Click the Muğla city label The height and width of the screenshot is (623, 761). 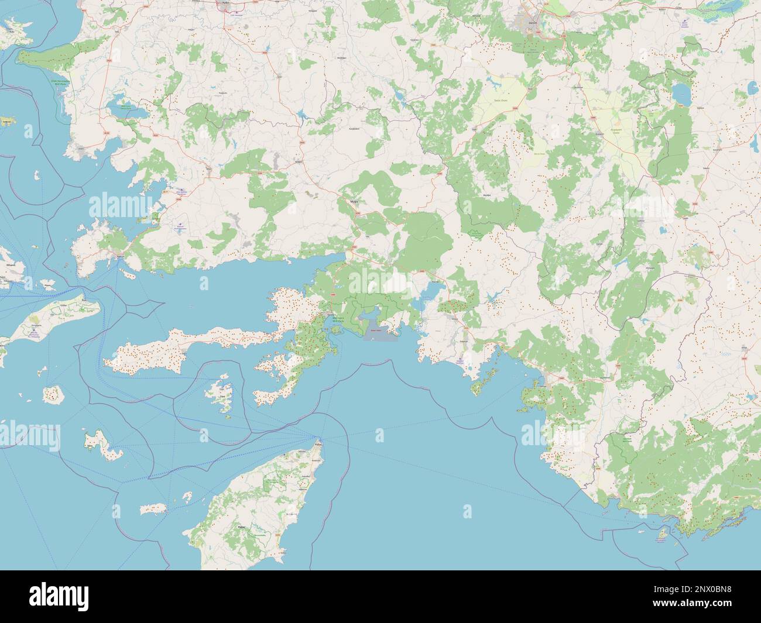[353, 201]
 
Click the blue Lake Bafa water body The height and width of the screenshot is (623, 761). [121, 108]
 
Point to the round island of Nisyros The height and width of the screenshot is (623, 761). [53, 394]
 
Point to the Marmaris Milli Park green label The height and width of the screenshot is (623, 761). [338, 320]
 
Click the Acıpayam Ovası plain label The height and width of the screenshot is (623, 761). [615, 132]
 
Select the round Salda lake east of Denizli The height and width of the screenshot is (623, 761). [681, 92]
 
